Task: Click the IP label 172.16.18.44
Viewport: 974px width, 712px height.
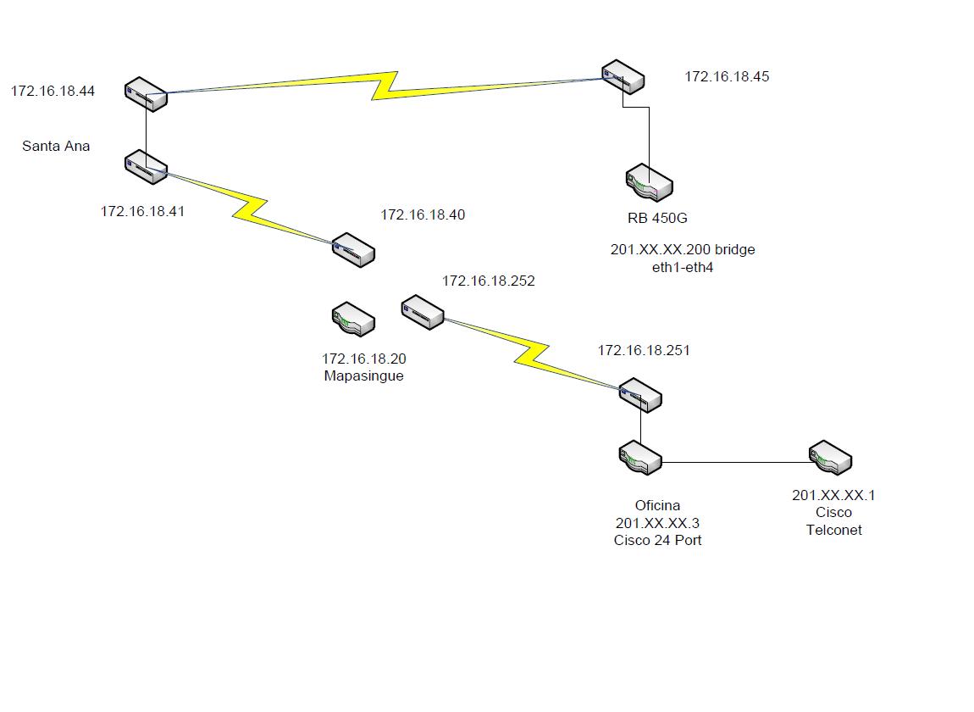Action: pos(53,91)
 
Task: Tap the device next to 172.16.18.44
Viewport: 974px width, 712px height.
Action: pos(147,94)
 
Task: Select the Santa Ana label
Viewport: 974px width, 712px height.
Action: pos(56,146)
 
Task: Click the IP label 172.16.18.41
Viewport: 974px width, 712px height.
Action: pos(142,211)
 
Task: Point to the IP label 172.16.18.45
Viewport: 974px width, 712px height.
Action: pos(727,76)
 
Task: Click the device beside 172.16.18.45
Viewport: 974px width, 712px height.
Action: pos(623,77)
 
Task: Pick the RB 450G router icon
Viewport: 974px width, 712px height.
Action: pos(650,183)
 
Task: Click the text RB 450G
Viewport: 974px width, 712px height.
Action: pos(657,218)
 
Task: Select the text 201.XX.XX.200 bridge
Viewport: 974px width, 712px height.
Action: pos(683,250)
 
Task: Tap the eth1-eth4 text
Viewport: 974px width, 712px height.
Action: pos(683,267)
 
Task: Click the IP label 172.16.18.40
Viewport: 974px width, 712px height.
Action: pos(423,215)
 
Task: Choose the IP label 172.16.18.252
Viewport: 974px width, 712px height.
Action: pos(489,281)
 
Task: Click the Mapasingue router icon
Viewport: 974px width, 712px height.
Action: pos(353,320)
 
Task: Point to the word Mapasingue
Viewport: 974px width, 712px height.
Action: pos(363,375)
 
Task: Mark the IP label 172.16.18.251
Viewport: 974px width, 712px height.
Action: pos(644,350)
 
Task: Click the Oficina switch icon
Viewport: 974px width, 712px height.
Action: pos(639,458)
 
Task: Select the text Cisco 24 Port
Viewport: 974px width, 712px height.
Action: pos(657,540)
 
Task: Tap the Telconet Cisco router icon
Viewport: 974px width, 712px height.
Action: pos(830,458)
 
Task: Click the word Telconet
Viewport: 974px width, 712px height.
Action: pos(833,530)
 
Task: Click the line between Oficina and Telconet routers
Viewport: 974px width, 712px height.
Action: pos(735,463)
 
